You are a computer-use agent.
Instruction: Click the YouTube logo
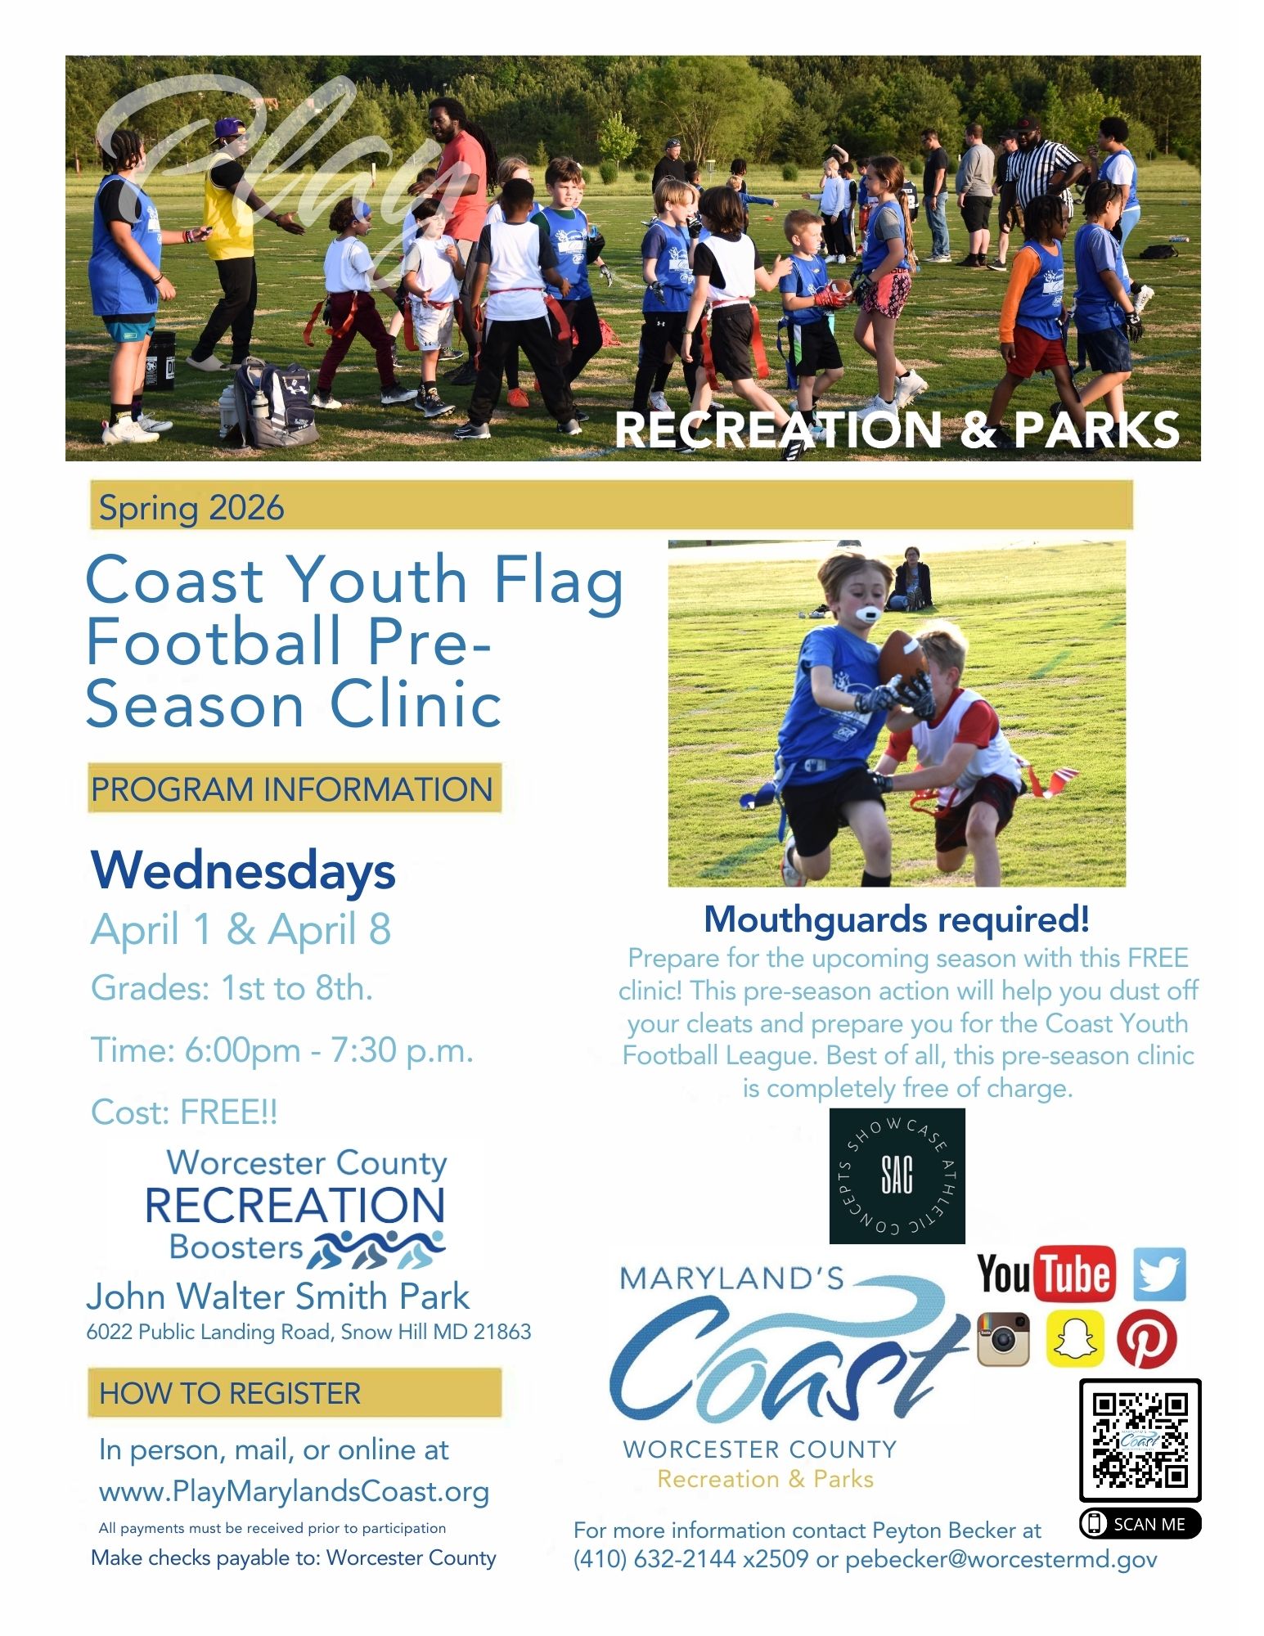pyautogui.click(x=1046, y=1274)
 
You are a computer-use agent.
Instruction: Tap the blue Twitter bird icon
pyautogui.click(x=1159, y=1274)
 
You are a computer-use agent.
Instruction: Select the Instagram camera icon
pyautogui.click(x=1003, y=1339)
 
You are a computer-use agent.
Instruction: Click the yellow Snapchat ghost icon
pyautogui.click(x=1075, y=1339)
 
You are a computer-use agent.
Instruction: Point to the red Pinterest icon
pyautogui.click(x=1146, y=1339)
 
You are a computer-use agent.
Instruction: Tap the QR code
pyautogui.click(x=1140, y=1440)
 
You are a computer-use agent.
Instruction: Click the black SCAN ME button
pyautogui.click(x=1140, y=1523)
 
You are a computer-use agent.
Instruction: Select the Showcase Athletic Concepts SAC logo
pyautogui.click(x=897, y=1175)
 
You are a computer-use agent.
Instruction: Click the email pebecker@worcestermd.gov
pyautogui.click(x=1001, y=1559)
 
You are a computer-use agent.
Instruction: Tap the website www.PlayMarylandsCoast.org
pyautogui.click(x=294, y=1491)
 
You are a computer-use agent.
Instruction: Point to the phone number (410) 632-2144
pyautogui.click(x=654, y=1559)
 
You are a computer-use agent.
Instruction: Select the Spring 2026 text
pyautogui.click(x=191, y=508)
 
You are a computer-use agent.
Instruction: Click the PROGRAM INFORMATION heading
pyautogui.click(x=292, y=789)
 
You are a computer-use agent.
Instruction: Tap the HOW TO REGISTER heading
pyautogui.click(x=230, y=1393)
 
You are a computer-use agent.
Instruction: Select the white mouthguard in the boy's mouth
pyautogui.click(x=866, y=614)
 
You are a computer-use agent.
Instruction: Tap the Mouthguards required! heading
pyautogui.click(x=897, y=919)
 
